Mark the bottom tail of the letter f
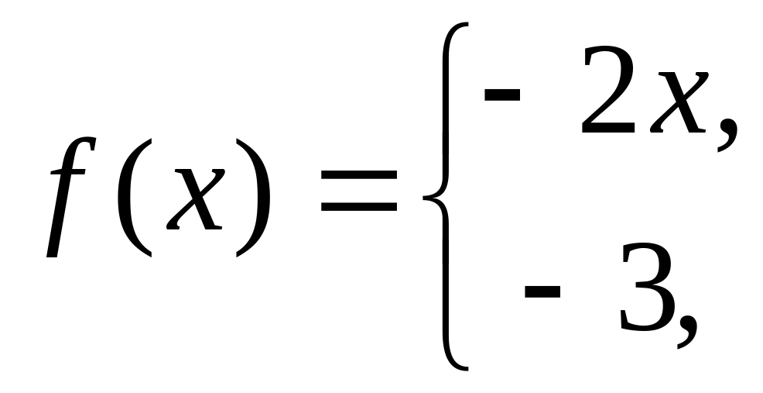tap(51, 253)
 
